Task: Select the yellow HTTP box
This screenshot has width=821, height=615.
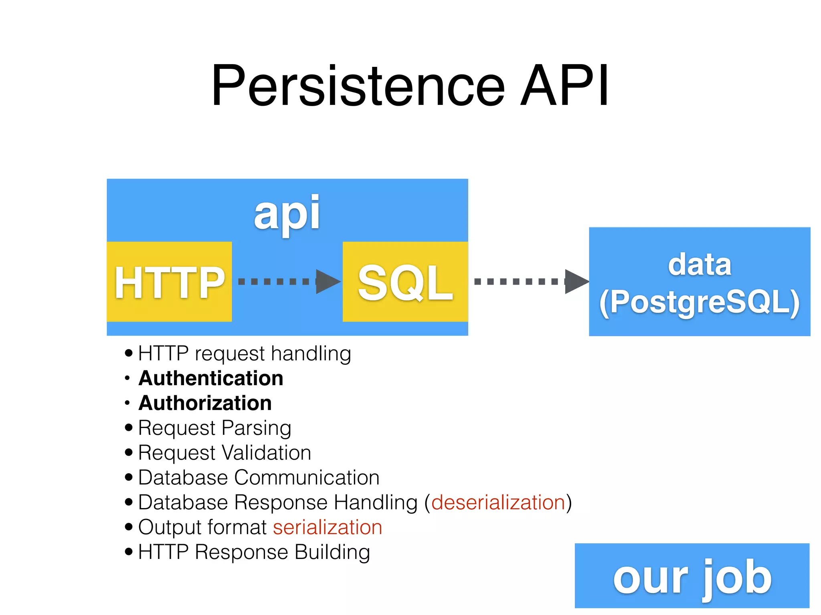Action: click(169, 282)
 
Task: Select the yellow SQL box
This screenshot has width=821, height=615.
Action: click(405, 282)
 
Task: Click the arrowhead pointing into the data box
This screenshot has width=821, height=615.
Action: click(576, 281)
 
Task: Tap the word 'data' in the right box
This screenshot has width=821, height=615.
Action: click(700, 265)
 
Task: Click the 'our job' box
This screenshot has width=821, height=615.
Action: click(692, 576)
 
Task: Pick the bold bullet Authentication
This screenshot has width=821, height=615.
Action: click(211, 378)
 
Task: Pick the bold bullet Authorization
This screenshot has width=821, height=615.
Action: click(205, 403)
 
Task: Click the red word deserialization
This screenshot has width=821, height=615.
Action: click(498, 502)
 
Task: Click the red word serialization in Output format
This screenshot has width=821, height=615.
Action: click(328, 527)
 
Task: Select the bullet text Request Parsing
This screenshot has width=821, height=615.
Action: click(214, 428)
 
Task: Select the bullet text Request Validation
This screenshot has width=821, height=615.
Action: click(224, 453)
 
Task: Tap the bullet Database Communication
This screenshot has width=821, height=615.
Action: click(259, 478)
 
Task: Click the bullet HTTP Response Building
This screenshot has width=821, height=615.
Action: click(254, 552)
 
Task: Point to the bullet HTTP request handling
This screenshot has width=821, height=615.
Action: click(245, 354)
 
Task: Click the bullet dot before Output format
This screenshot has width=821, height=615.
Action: click(129, 527)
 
